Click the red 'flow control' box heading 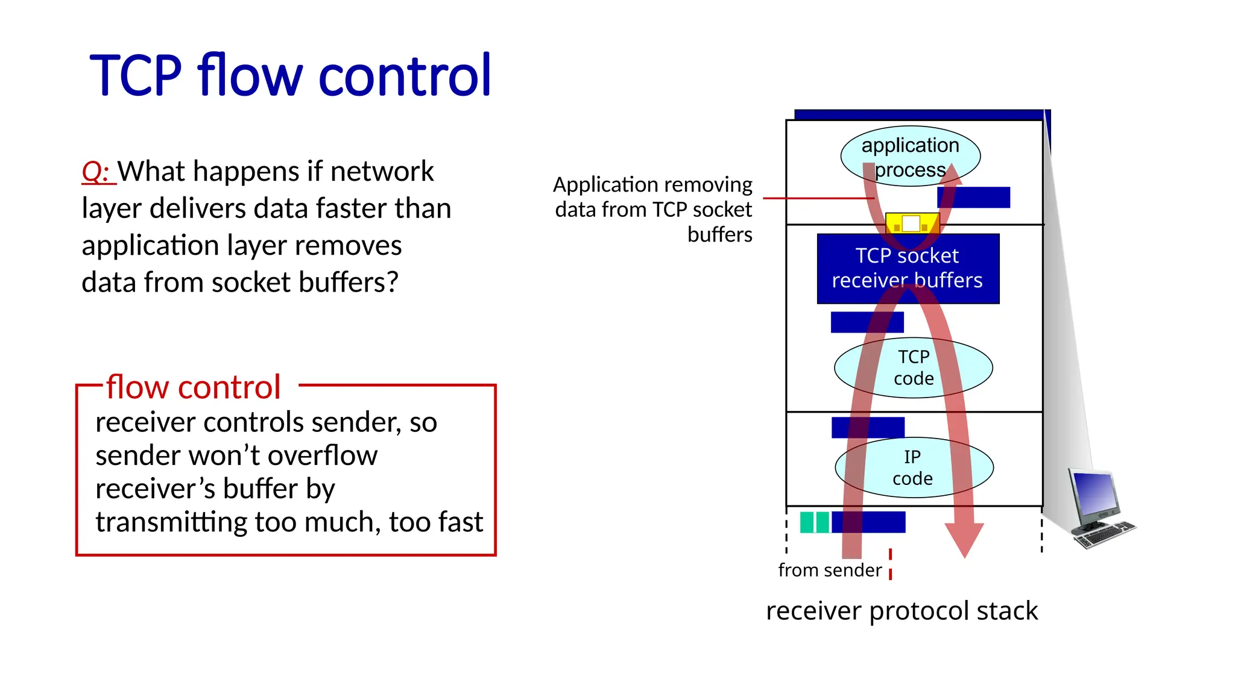[193, 387]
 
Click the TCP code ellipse [913, 367]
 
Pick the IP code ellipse [913, 467]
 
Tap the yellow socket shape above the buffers [911, 224]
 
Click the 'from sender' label [829, 570]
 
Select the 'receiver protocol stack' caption [902, 611]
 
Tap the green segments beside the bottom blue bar [814, 522]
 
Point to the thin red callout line [814, 198]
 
